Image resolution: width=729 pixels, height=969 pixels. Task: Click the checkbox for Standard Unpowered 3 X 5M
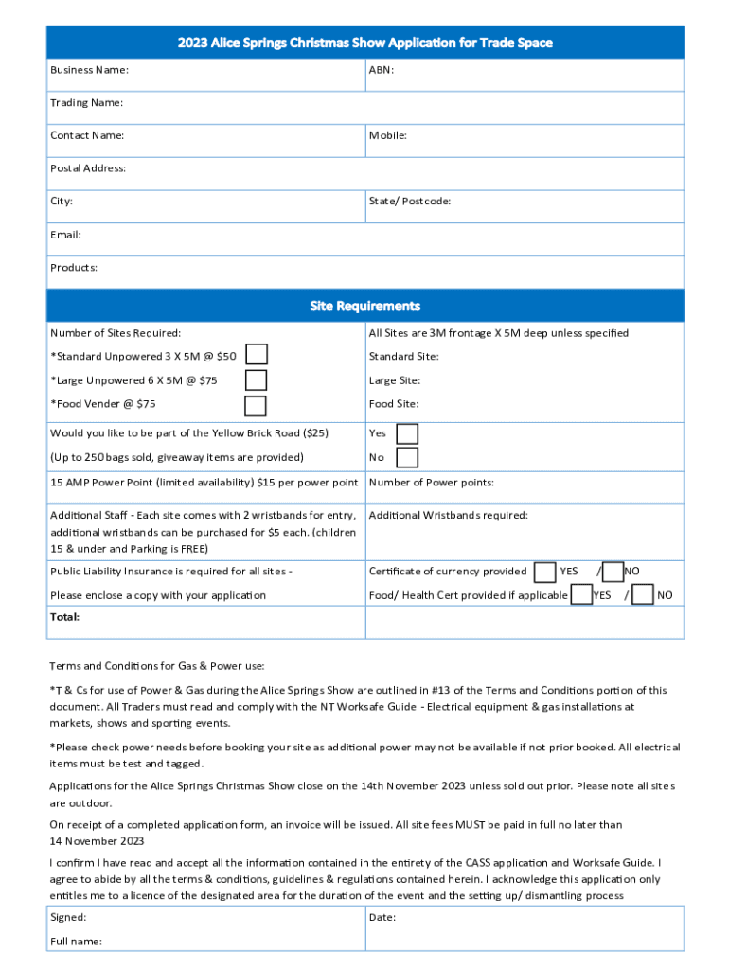256,355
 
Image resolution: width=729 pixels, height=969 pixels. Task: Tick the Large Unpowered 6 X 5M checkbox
256,380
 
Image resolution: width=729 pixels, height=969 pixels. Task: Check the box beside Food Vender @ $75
256,406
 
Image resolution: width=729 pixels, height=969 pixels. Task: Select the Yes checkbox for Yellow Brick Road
407,433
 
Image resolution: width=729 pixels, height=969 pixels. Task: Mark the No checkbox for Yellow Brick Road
407,458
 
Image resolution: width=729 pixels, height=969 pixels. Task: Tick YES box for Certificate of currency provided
544,572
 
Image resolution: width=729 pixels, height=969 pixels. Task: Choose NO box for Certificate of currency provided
613,572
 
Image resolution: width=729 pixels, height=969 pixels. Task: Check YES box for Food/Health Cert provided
581,595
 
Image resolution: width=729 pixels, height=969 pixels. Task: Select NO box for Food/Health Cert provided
643,595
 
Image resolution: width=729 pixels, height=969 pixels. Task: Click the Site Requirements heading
364,306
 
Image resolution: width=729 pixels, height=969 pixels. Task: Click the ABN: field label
382,70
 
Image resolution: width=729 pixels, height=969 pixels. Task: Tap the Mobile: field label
388,135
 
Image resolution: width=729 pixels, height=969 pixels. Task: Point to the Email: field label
65,234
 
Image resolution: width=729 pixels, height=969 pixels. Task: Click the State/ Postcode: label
409,201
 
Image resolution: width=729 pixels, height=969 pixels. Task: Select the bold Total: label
65,617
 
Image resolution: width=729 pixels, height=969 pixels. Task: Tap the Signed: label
68,917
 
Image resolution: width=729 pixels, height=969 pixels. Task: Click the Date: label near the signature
382,917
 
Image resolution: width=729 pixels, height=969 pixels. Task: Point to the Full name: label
76,941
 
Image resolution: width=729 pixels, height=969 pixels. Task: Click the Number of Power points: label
431,483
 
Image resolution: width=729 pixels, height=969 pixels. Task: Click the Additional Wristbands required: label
448,515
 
